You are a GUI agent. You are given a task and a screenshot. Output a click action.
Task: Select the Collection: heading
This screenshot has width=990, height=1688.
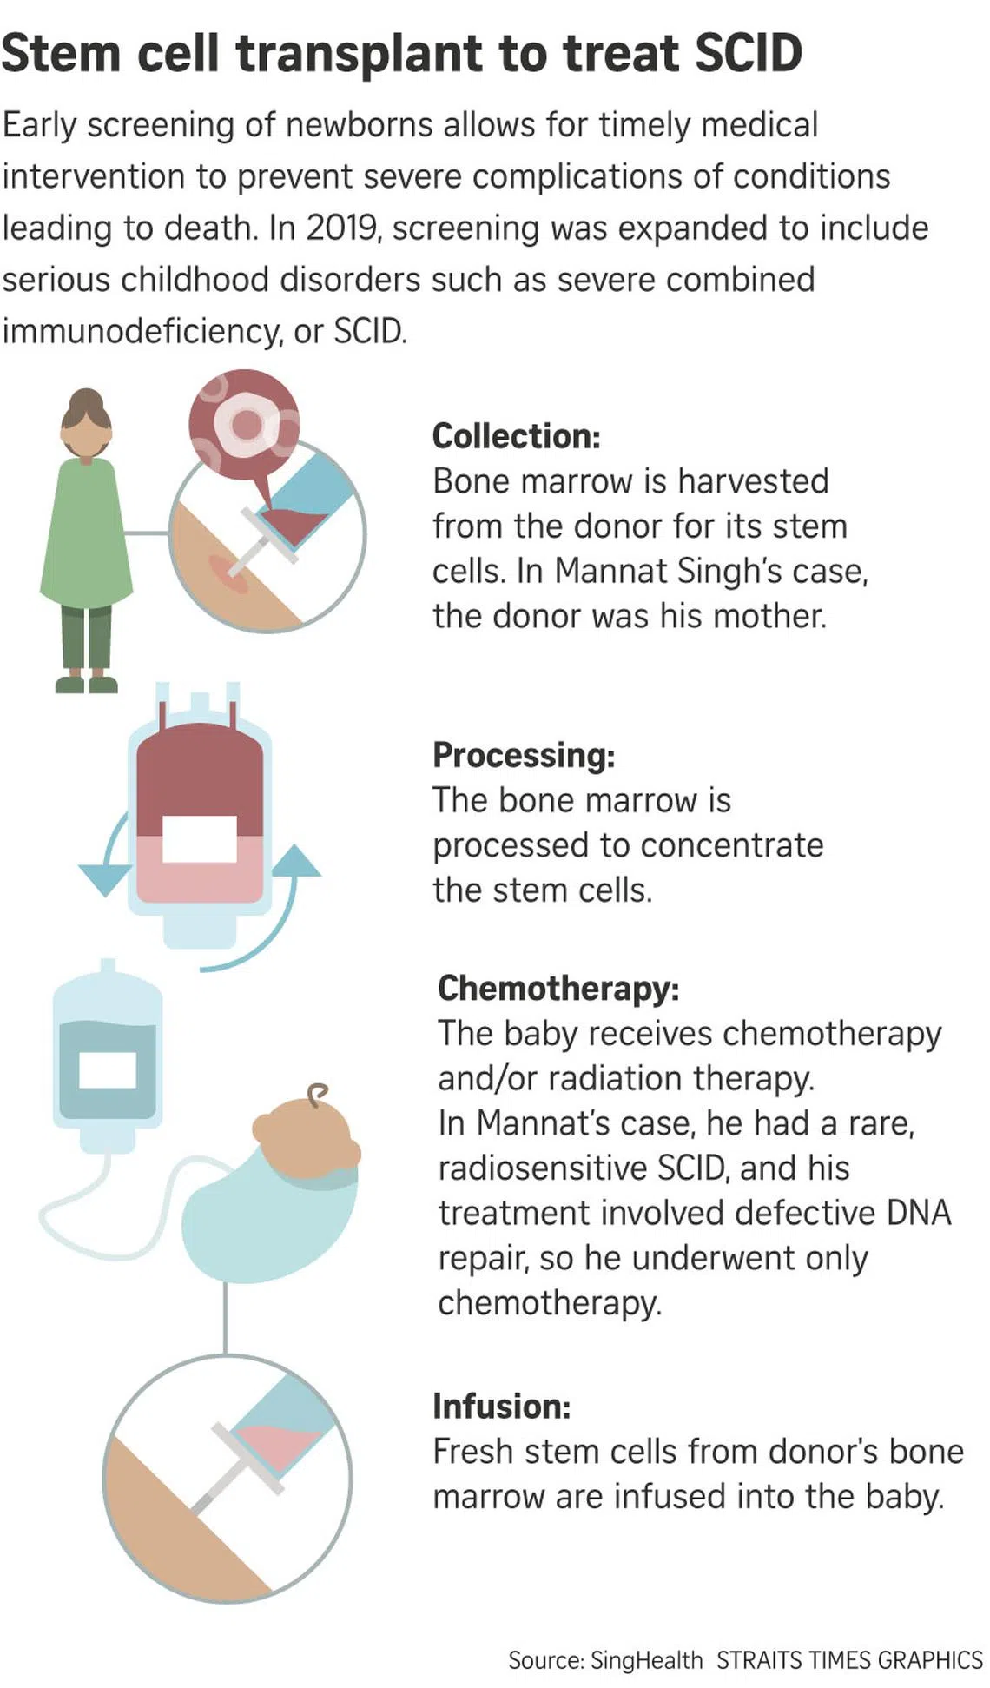click(516, 436)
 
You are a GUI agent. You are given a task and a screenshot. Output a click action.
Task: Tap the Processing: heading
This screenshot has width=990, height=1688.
click(524, 755)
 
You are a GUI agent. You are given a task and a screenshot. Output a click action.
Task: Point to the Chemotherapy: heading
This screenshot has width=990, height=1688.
click(558, 988)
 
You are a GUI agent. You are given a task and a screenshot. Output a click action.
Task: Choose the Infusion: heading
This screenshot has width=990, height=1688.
click(502, 1406)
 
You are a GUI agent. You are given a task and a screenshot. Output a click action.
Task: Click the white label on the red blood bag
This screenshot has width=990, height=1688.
click(200, 838)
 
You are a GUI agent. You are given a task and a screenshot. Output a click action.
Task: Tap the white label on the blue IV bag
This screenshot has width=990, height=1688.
click(108, 1069)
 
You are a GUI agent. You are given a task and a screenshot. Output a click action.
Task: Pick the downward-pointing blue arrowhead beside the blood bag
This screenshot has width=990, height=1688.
click(104, 878)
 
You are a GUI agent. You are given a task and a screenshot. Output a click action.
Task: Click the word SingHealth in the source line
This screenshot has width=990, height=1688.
click(646, 1660)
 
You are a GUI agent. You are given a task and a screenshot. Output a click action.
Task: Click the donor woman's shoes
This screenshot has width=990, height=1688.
click(86, 684)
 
